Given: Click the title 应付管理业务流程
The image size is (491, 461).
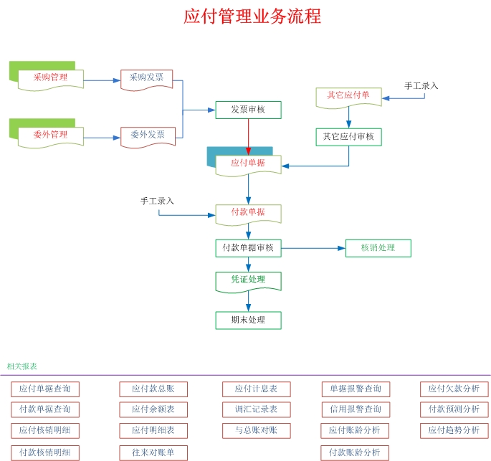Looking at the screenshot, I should [252, 16].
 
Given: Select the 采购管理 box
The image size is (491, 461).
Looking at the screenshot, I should [50, 77].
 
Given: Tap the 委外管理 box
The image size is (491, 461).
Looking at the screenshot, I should [50, 135].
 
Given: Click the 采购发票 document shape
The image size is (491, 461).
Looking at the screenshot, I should [147, 77].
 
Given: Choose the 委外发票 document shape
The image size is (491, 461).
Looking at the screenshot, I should [147, 135].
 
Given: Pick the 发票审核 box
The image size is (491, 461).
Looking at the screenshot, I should [248, 110].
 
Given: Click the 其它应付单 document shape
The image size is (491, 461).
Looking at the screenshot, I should [349, 95].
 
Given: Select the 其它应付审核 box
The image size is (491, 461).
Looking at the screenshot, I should [349, 137].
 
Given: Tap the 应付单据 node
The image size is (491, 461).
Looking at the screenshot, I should [248, 163].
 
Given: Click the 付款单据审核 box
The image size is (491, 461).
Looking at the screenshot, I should [248, 248].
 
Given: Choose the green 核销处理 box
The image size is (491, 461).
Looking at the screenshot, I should [378, 248].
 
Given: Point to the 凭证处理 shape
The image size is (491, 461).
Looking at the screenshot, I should [248, 280].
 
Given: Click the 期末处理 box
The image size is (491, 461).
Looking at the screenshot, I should [248, 320].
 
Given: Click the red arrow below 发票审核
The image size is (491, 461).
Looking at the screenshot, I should [248, 136].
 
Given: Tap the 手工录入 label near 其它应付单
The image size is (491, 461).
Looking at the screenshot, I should [421, 86].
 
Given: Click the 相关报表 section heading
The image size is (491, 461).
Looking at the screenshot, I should [22, 366].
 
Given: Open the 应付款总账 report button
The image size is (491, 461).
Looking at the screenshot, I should [153, 389].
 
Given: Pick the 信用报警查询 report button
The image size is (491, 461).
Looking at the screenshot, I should [356, 409].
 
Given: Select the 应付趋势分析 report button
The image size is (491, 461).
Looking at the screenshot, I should [454, 430].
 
